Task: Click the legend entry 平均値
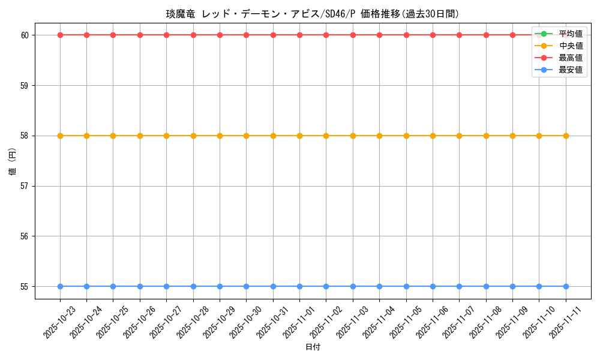[570, 34]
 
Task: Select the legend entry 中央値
[570, 46]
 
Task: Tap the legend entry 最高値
[570, 58]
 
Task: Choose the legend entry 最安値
[570, 70]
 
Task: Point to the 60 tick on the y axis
[25, 35]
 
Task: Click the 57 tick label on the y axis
[25, 186]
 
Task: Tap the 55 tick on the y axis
[25, 287]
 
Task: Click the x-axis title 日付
[313, 347]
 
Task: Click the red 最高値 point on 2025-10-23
[60, 35]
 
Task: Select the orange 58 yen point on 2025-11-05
[406, 136]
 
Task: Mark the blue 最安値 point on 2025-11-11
[566, 286]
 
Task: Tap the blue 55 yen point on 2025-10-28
[193, 286]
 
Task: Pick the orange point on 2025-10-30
[246, 136]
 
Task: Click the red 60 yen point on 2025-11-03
[353, 35]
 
